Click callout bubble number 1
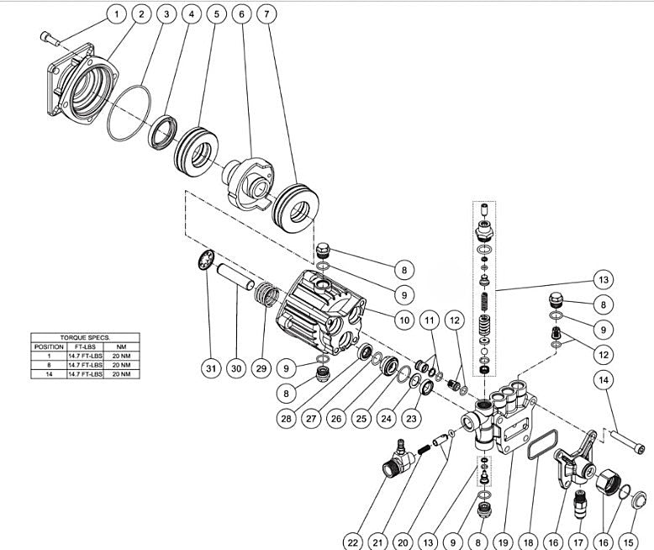click(x=116, y=14)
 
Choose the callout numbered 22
click(x=354, y=542)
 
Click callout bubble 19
click(x=504, y=542)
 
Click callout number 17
click(x=580, y=542)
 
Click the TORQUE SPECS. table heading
click(x=82, y=336)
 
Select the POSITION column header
click(x=48, y=346)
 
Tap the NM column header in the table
click(x=121, y=346)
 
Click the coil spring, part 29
click(x=268, y=295)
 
